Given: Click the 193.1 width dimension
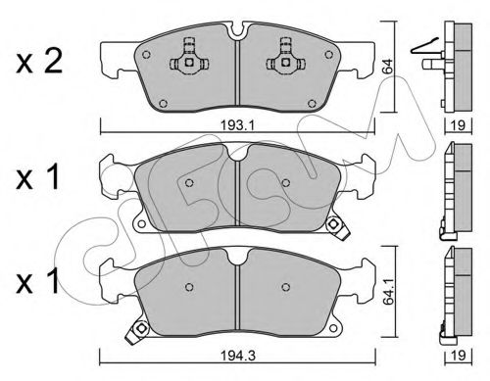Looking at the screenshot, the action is pyautogui.click(x=237, y=125).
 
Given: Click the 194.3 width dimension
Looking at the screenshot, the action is pyautogui.click(x=238, y=356).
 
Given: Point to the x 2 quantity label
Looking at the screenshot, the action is pyautogui.click(x=38, y=62).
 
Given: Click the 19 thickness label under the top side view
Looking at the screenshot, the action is pyautogui.click(x=458, y=125).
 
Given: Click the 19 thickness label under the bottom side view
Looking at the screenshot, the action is pyautogui.click(x=458, y=356).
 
